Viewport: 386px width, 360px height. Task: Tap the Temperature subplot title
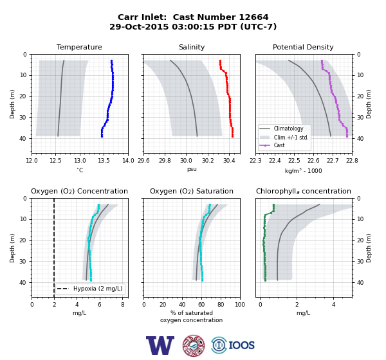tap(79, 47)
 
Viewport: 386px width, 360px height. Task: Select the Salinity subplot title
tap(192, 47)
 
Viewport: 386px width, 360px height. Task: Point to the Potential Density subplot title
tap(303, 47)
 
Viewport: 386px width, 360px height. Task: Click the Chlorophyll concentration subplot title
tap(304, 191)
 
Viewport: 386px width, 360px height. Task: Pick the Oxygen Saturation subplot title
tap(192, 191)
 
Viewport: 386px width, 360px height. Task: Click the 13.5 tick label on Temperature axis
tap(104, 161)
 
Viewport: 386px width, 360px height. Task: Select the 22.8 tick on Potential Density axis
tap(352, 161)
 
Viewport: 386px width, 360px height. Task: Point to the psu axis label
tap(192, 170)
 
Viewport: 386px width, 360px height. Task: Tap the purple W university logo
tap(160, 345)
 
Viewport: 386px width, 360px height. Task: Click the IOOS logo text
tap(241, 345)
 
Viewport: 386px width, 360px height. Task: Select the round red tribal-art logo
tap(194, 345)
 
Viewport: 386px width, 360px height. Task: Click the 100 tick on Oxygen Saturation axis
tap(240, 305)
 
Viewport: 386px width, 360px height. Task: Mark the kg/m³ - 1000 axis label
tap(303, 170)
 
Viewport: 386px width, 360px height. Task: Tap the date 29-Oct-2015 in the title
tap(139, 26)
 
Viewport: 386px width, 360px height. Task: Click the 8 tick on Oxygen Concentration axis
tap(123, 305)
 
